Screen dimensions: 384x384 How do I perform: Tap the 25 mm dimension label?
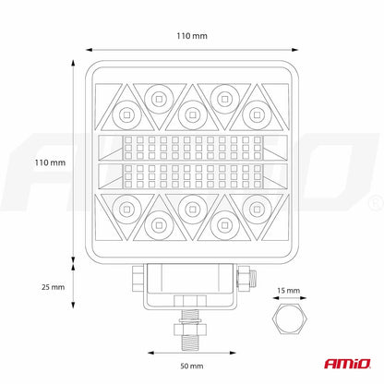coord(53,287)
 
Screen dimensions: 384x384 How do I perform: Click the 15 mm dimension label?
coord(290,291)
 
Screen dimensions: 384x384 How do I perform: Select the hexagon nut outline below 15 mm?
coord(290,320)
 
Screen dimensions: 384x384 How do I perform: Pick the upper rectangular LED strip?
coord(192,146)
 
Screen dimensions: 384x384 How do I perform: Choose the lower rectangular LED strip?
coord(192,175)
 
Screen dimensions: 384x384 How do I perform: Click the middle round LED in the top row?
coord(192,114)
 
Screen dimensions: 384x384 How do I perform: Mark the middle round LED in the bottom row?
coord(192,206)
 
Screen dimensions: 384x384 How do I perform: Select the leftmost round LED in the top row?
coord(125,114)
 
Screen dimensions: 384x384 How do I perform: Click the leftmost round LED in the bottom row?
coord(125,206)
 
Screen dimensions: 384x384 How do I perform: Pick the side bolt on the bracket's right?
coord(247,276)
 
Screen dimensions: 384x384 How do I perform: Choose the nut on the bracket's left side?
coord(138,276)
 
